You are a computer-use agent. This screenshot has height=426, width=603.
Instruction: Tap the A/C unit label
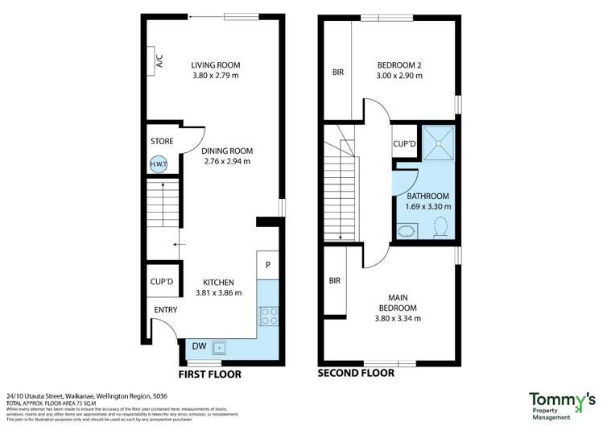coord(159,60)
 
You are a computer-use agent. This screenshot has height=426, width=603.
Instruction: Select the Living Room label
coord(216,65)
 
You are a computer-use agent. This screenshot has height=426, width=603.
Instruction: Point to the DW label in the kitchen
coord(198,346)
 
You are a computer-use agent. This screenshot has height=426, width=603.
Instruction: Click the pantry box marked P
coord(267,264)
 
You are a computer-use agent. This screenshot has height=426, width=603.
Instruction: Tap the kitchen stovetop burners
coord(268,316)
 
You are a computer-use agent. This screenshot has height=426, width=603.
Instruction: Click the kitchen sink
coord(220,348)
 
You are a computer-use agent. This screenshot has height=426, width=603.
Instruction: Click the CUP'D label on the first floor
coord(162,282)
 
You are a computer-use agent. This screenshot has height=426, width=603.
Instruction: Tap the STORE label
coord(162,142)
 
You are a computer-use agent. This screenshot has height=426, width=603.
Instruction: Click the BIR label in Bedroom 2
coord(338,72)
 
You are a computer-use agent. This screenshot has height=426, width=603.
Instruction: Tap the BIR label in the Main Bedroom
coord(335,281)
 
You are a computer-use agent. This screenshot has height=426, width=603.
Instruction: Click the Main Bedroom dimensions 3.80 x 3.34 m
coord(398,318)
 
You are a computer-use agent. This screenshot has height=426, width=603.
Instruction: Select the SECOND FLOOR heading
coord(356,373)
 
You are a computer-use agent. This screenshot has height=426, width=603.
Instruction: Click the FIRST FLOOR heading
coord(209,374)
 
